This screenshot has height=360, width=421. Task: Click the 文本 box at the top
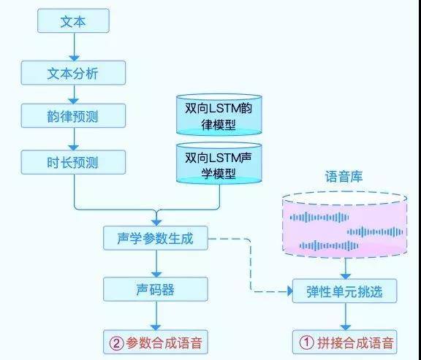[73, 22]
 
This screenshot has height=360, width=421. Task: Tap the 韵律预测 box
[73, 115]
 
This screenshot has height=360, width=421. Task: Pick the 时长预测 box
[73, 162]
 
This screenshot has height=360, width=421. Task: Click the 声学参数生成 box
[155, 238]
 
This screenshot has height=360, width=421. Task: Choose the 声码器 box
[155, 290]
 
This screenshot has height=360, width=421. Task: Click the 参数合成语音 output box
[155, 341]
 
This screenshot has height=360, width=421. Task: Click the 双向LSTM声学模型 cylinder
[219, 161]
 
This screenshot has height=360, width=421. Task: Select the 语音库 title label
[344, 177]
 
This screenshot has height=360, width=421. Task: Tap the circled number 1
[306, 341]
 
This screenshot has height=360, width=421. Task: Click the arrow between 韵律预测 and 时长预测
[73, 139]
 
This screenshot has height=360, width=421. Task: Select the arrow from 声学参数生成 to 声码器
[155, 264]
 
